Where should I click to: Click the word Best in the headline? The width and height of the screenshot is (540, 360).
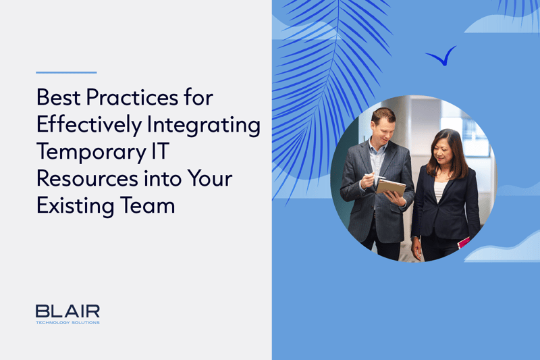pos(59,97)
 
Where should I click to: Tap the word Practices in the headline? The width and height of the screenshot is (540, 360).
pos(132,97)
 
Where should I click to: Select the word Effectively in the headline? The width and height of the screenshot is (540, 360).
pos(89,125)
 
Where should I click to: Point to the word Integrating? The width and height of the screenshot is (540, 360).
pos(204,125)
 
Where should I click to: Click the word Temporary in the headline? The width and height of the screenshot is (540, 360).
pos(92,152)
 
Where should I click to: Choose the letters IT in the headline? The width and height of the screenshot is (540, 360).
pos(161,151)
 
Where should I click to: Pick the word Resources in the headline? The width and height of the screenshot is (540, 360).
pos(88,179)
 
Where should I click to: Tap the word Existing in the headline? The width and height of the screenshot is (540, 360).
pos(76,206)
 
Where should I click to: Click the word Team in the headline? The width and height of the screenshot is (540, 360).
pos(147,205)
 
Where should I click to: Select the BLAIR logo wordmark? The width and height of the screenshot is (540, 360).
pos(67,311)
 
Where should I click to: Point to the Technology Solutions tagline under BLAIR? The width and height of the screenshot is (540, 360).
pos(67,322)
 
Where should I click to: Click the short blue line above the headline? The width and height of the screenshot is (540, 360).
pos(66,72)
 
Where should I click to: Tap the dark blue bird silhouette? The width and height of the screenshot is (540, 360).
pos(441,56)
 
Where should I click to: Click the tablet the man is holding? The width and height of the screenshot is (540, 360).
pos(391,187)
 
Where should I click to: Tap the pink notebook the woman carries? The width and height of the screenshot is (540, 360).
pos(463,242)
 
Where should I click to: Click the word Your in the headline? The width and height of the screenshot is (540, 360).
pos(210,179)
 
